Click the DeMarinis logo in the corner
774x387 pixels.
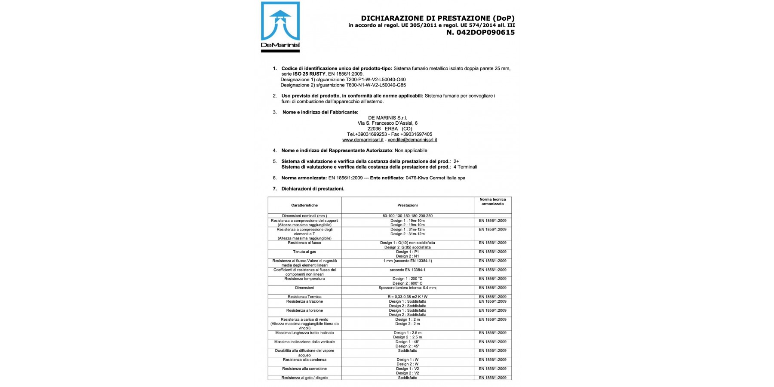pyautogui.click(x=280, y=27)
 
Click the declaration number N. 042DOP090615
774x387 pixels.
pyautogui.click(x=480, y=32)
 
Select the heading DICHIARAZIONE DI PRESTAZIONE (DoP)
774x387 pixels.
pyautogui.click(x=437, y=18)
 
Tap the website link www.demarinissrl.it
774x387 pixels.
pyautogui.click(x=362, y=140)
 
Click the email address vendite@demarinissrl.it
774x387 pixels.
pyautogui.click(x=412, y=140)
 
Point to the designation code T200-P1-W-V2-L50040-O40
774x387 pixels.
pyautogui.click(x=376, y=80)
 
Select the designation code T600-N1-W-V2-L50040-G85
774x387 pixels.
pyautogui.click(x=376, y=85)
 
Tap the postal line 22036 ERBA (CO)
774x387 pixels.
pyautogui.click(x=390, y=129)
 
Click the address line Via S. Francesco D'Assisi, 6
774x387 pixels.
pyautogui.click(x=387, y=123)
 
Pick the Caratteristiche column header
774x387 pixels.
pyautogui.click(x=304, y=205)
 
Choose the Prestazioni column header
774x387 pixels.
pyautogui.click(x=407, y=205)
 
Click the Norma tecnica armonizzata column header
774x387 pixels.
pyautogui.click(x=492, y=202)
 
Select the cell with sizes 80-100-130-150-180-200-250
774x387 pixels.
pyautogui.click(x=407, y=216)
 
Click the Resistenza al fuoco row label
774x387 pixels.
pyautogui.click(x=304, y=243)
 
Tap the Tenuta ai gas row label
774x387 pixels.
pyautogui.click(x=304, y=252)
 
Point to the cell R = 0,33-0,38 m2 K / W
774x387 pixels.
pyautogui.click(x=407, y=297)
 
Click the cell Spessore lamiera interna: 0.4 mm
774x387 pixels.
pyautogui.click(x=407, y=288)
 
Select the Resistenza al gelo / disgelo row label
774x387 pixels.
pyautogui.click(x=304, y=378)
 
